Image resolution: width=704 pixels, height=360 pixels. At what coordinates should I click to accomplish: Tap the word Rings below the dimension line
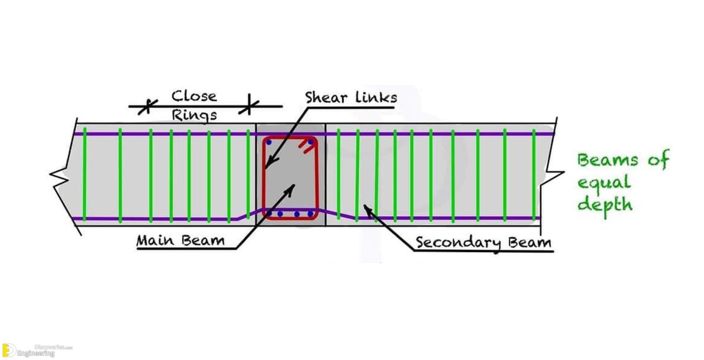coord(194,115)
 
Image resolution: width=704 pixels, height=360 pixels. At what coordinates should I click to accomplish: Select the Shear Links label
coord(351,98)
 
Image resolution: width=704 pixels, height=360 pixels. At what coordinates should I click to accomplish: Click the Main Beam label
coord(181,240)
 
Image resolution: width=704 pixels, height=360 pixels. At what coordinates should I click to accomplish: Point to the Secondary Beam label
coord(483,242)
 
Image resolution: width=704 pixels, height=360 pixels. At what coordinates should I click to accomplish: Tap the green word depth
coord(605,203)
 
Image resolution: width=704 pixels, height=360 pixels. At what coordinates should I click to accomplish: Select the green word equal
coord(604,183)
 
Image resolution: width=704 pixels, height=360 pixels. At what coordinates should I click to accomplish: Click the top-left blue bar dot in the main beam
coord(269,142)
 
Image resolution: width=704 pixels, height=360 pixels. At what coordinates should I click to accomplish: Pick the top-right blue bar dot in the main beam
coord(310,142)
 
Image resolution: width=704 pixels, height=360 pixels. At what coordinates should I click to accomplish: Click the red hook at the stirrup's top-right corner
coord(303,147)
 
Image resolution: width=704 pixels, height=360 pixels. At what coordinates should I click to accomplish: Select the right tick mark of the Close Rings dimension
coord(249,106)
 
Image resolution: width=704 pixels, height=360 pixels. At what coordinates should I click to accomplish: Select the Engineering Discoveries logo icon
coord(9,350)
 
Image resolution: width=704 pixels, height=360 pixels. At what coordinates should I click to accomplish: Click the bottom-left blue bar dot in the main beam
coord(269,214)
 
